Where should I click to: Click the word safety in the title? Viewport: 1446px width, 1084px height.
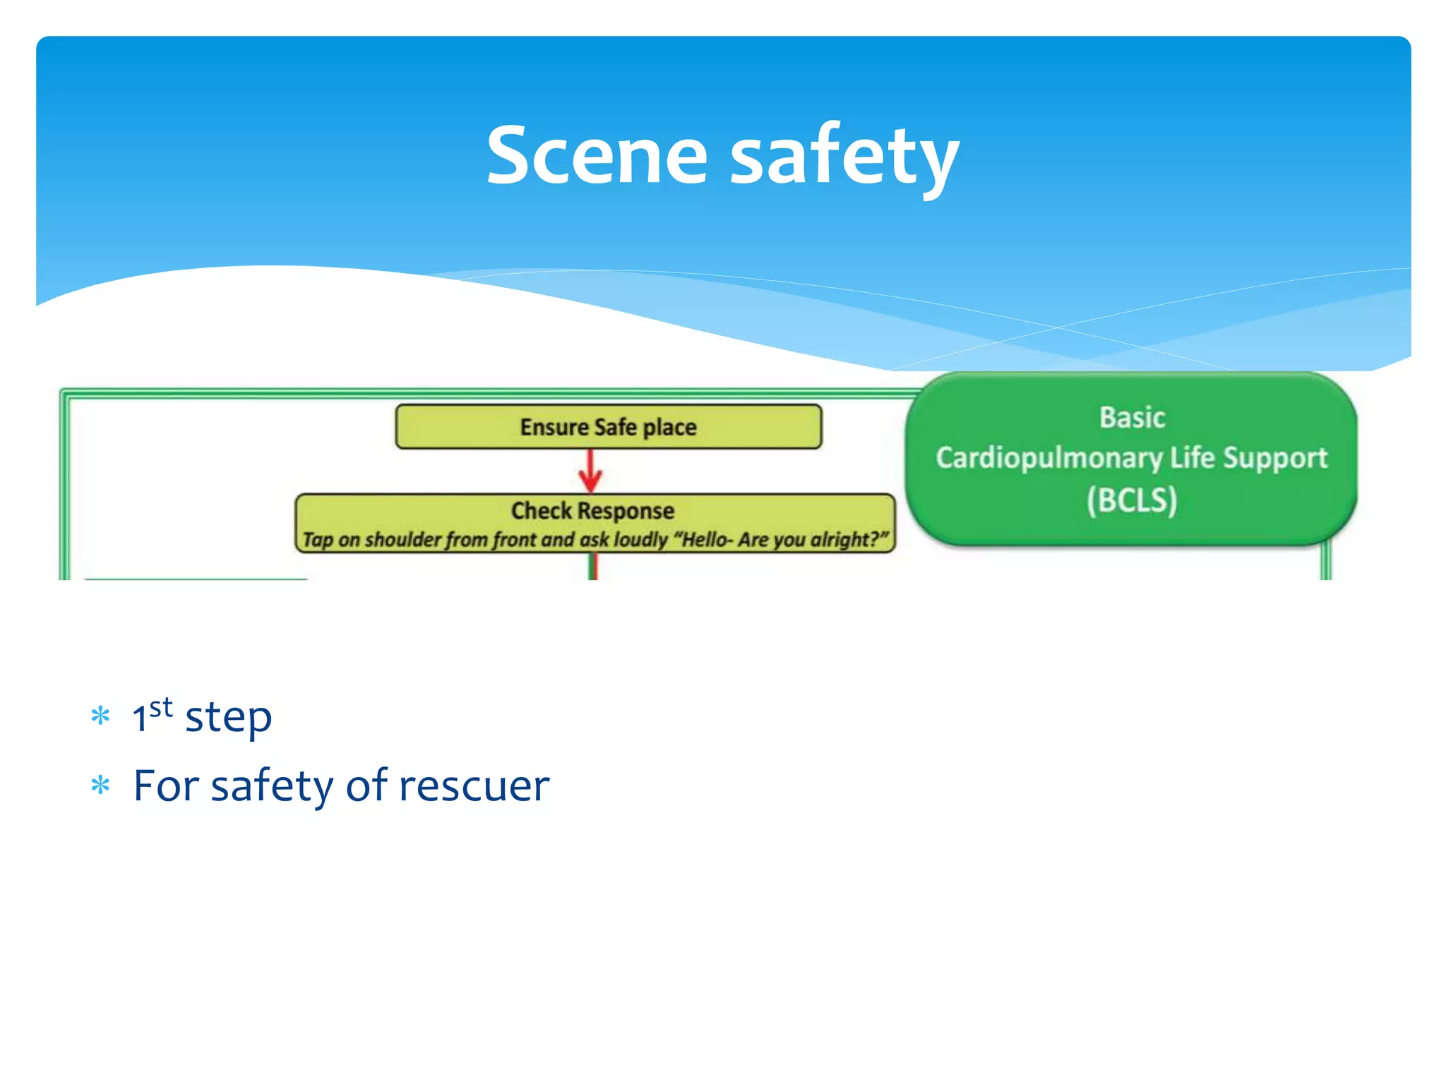844,157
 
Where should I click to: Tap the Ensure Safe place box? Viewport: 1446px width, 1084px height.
609,427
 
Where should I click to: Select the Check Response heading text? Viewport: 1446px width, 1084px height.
592,510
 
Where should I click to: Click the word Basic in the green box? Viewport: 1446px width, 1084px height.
1132,418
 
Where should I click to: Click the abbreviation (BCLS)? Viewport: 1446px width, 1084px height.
1132,500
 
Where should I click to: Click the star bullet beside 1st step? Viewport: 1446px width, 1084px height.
101,716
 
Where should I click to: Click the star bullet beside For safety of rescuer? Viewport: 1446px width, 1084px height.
101,785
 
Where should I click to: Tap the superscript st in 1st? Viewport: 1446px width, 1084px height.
161,706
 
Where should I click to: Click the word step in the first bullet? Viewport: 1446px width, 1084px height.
228,718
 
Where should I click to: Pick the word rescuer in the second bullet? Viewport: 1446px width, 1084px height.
474,785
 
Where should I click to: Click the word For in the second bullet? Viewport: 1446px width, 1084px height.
166,785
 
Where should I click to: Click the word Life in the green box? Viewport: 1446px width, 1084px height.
1192,458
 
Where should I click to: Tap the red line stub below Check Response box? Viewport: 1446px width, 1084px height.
594,567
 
